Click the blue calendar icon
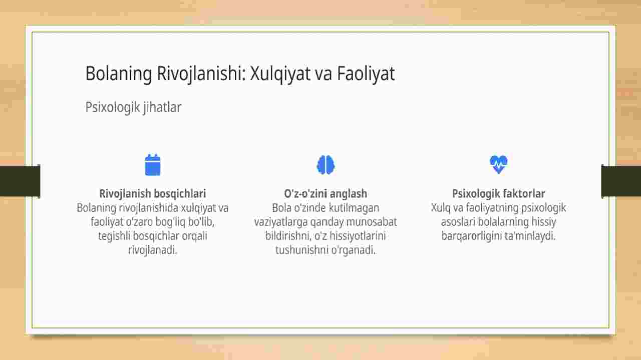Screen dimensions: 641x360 click(x=153, y=165)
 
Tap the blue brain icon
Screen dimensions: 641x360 click(x=326, y=165)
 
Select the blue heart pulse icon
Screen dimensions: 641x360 click(x=498, y=165)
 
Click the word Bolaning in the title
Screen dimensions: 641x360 click(x=119, y=74)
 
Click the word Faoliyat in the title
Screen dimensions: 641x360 click(x=366, y=74)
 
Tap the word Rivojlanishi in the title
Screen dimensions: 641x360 click(x=201, y=74)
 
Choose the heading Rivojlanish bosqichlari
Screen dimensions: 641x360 click(x=153, y=194)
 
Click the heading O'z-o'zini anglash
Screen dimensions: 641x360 click(x=326, y=194)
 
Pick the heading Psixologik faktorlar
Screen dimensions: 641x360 click(x=498, y=194)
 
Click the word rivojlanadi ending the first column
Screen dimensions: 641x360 click(x=153, y=250)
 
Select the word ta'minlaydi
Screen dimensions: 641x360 click(x=530, y=236)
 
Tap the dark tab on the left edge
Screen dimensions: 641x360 click(x=20, y=181)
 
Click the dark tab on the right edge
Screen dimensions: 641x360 click(x=621, y=181)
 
